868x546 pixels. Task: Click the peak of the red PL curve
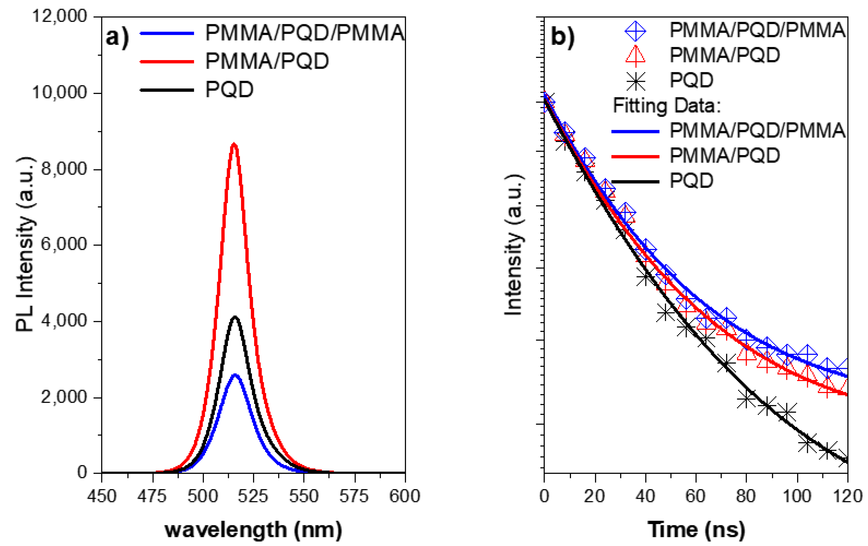(x=234, y=145)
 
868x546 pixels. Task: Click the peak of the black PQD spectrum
(x=235, y=317)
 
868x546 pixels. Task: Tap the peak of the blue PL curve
(x=235, y=375)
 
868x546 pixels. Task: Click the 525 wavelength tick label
(x=253, y=497)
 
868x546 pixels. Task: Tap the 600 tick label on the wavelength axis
(x=404, y=497)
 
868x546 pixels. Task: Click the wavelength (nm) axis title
(x=253, y=530)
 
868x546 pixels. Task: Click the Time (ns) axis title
(x=696, y=530)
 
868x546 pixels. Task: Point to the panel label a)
(x=117, y=37)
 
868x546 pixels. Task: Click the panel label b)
(x=563, y=37)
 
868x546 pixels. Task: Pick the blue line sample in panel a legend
(x=167, y=33)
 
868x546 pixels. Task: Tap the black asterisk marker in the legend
(x=635, y=81)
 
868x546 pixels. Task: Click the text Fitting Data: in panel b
(x=666, y=106)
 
